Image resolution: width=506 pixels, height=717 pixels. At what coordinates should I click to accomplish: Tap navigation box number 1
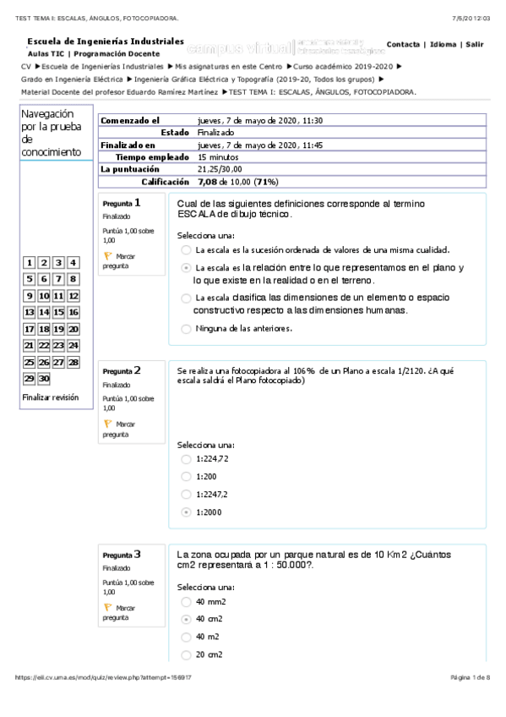30,264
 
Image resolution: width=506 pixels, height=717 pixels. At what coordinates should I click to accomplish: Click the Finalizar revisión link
51,397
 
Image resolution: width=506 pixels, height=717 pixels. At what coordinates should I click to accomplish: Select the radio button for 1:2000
186,512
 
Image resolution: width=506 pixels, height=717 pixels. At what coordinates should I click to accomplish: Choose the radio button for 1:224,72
186,459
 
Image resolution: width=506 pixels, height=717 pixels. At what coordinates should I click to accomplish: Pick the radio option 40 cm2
186,619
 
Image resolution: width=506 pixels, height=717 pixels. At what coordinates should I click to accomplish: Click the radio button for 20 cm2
186,654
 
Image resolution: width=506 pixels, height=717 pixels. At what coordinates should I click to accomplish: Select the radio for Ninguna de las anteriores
186,329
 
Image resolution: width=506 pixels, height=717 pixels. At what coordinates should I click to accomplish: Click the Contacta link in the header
404,44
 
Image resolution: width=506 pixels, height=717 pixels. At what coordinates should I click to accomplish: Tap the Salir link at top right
474,44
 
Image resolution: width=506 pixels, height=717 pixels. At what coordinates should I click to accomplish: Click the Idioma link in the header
442,44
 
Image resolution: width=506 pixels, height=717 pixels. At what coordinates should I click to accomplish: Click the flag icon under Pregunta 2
107,422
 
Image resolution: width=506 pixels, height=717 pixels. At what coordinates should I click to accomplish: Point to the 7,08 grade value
207,181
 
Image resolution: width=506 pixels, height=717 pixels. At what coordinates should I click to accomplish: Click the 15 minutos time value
217,156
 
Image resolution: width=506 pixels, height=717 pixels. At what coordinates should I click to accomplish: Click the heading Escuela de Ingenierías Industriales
106,41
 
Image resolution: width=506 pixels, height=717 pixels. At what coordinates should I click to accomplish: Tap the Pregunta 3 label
122,555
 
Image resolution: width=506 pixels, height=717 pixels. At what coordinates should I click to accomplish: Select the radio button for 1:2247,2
186,495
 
